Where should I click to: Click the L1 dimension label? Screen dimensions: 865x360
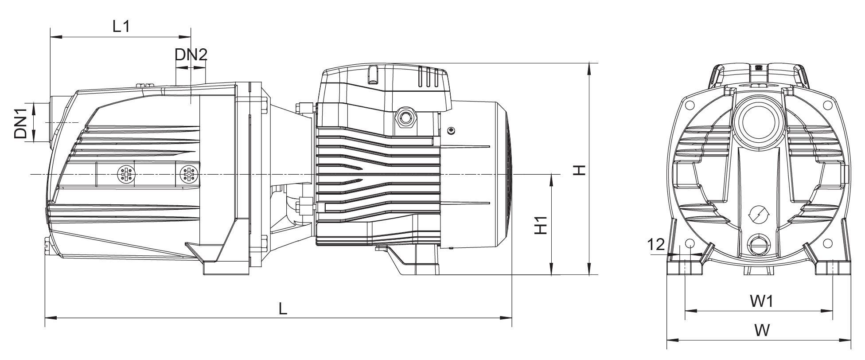121,26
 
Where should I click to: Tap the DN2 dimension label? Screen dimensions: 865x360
191,55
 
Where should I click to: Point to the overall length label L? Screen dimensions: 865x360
283,309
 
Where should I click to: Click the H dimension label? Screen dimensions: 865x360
579,170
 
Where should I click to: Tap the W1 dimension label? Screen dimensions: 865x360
762,301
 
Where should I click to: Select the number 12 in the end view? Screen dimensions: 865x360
656,244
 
